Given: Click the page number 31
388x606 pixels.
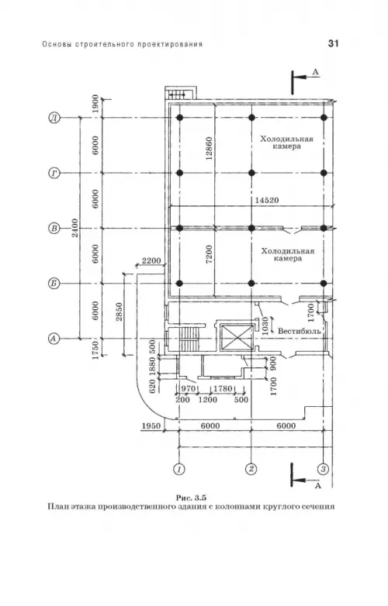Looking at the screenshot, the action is (x=333, y=43).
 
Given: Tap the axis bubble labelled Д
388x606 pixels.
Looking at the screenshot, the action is (x=54, y=118).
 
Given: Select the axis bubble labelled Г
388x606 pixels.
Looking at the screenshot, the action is (x=54, y=173).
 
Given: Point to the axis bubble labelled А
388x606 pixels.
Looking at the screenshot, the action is (x=54, y=339).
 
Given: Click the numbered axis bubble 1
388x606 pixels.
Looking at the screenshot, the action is (x=178, y=469).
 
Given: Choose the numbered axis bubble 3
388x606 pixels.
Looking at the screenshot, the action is (x=324, y=469).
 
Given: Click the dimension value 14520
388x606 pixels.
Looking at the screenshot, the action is (x=266, y=200).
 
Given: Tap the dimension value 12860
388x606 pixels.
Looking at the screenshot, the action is (x=209, y=149).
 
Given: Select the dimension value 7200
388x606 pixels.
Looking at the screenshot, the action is (x=209, y=254).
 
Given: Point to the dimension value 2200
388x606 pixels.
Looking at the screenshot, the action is (x=151, y=260).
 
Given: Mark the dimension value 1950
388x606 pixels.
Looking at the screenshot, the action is (x=151, y=426).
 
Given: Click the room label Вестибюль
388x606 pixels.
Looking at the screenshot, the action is (x=300, y=331).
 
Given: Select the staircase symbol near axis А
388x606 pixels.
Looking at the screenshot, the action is (x=189, y=339).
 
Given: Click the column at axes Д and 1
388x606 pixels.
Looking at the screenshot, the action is (x=179, y=118).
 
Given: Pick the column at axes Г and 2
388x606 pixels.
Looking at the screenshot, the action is (x=251, y=173).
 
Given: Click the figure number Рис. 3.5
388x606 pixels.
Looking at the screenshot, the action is (x=191, y=497).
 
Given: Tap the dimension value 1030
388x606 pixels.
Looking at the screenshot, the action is (x=265, y=326).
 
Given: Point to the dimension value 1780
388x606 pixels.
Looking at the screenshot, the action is (x=223, y=388).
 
